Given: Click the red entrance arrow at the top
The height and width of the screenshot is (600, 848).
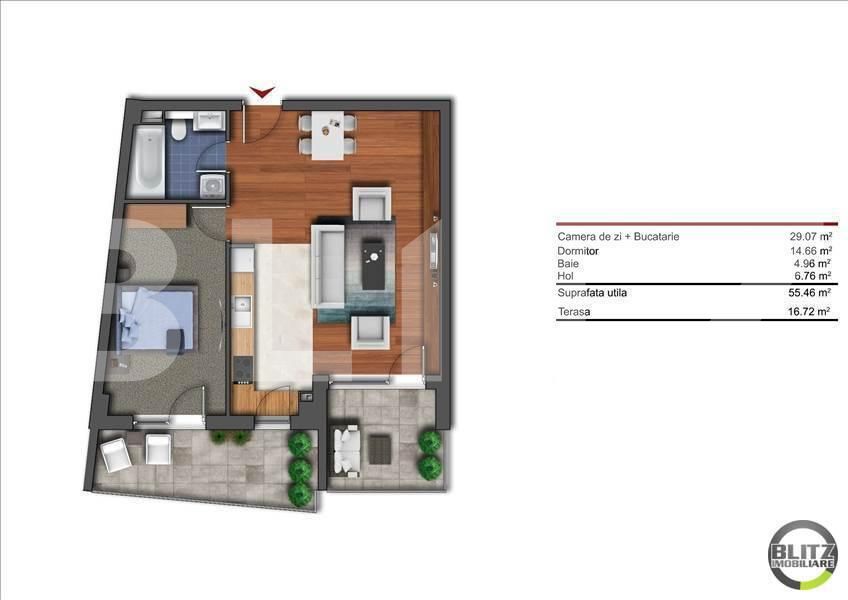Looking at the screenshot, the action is [x=262, y=92].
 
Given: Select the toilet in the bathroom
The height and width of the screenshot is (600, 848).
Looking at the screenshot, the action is [x=178, y=129].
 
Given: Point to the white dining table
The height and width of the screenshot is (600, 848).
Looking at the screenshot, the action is [x=328, y=135].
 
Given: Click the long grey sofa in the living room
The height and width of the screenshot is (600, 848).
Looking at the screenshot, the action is [x=328, y=266].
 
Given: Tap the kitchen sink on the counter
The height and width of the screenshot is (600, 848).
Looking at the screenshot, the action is [x=242, y=304].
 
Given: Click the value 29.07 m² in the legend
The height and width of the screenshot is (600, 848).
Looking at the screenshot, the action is [x=810, y=236].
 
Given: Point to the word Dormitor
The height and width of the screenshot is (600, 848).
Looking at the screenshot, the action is [x=578, y=251].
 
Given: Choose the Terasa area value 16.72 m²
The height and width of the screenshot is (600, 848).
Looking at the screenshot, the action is [x=809, y=312].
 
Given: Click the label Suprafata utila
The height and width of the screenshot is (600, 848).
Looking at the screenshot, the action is [x=592, y=293].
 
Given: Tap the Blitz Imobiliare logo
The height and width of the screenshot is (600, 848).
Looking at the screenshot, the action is [x=803, y=555].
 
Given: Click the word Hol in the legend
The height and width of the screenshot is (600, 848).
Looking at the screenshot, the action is [x=565, y=276].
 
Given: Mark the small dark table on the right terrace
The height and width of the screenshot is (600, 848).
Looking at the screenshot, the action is [x=380, y=450].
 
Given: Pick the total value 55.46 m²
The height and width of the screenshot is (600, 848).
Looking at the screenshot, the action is [x=810, y=293].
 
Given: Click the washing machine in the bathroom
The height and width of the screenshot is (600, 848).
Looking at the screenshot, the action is [x=212, y=186].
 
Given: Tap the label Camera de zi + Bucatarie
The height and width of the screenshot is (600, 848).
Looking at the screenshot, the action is [x=618, y=236].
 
